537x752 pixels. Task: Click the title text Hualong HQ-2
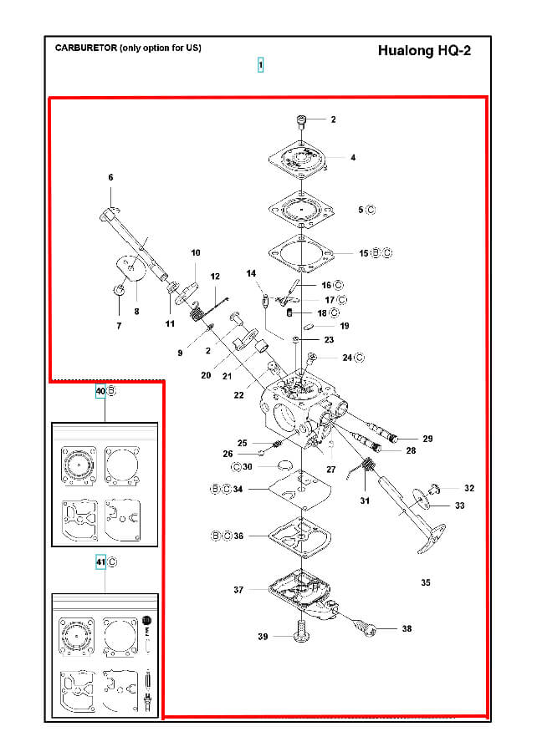424,51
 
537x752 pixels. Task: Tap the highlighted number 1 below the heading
261,64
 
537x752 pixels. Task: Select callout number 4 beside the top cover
353,157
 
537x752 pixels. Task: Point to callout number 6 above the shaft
111,177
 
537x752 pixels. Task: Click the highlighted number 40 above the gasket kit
100,391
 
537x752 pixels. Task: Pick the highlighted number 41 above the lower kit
100,562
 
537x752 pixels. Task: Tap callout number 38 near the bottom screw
407,628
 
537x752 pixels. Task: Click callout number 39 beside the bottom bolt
263,637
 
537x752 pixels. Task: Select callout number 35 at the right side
426,582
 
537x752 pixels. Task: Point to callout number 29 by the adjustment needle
427,439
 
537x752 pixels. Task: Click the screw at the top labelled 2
301,122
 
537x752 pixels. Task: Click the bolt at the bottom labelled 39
300,631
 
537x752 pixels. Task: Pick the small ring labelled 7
119,290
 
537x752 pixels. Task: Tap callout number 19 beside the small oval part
345,326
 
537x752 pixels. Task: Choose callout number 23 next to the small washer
329,339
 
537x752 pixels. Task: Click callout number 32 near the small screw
469,488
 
